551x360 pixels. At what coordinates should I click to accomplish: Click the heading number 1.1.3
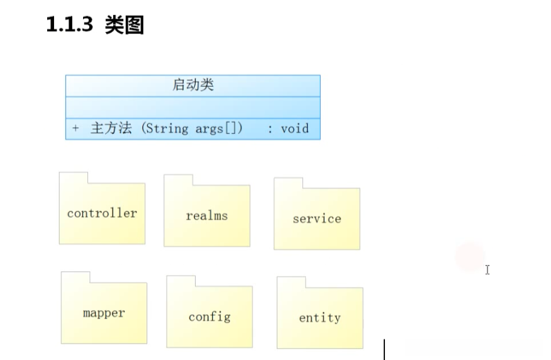pyautogui.click(x=70, y=25)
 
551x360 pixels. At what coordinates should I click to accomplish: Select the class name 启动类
pyautogui.click(x=193, y=85)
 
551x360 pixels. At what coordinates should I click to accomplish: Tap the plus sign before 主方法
pyautogui.click(x=75, y=128)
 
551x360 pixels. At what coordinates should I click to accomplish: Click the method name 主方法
pyautogui.click(x=111, y=128)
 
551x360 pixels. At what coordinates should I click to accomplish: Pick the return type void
pyautogui.click(x=295, y=128)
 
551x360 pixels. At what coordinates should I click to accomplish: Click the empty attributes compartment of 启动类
pyautogui.click(x=193, y=107)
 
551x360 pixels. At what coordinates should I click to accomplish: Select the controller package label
pyautogui.click(x=102, y=213)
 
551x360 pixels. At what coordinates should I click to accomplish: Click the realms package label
pyautogui.click(x=207, y=216)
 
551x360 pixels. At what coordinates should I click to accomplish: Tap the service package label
pyautogui.click(x=317, y=219)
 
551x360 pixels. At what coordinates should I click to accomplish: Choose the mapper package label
pyautogui.click(x=104, y=313)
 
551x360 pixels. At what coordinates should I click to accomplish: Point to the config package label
pyautogui.click(x=209, y=317)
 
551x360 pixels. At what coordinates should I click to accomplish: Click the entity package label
pyautogui.click(x=320, y=318)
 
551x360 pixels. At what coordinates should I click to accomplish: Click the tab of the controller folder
pyautogui.click(x=73, y=177)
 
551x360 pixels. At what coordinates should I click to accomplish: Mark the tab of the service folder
pyautogui.click(x=288, y=183)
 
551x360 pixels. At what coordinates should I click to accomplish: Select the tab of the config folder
pyautogui.click(x=181, y=281)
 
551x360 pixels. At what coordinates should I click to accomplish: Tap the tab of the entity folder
pyautogui.click(x=291, y=282)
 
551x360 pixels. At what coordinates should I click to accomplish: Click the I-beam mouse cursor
pyautogui.click(x=487, y=269)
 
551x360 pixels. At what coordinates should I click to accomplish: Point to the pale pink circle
pyautogui.click(x=470, y=257)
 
